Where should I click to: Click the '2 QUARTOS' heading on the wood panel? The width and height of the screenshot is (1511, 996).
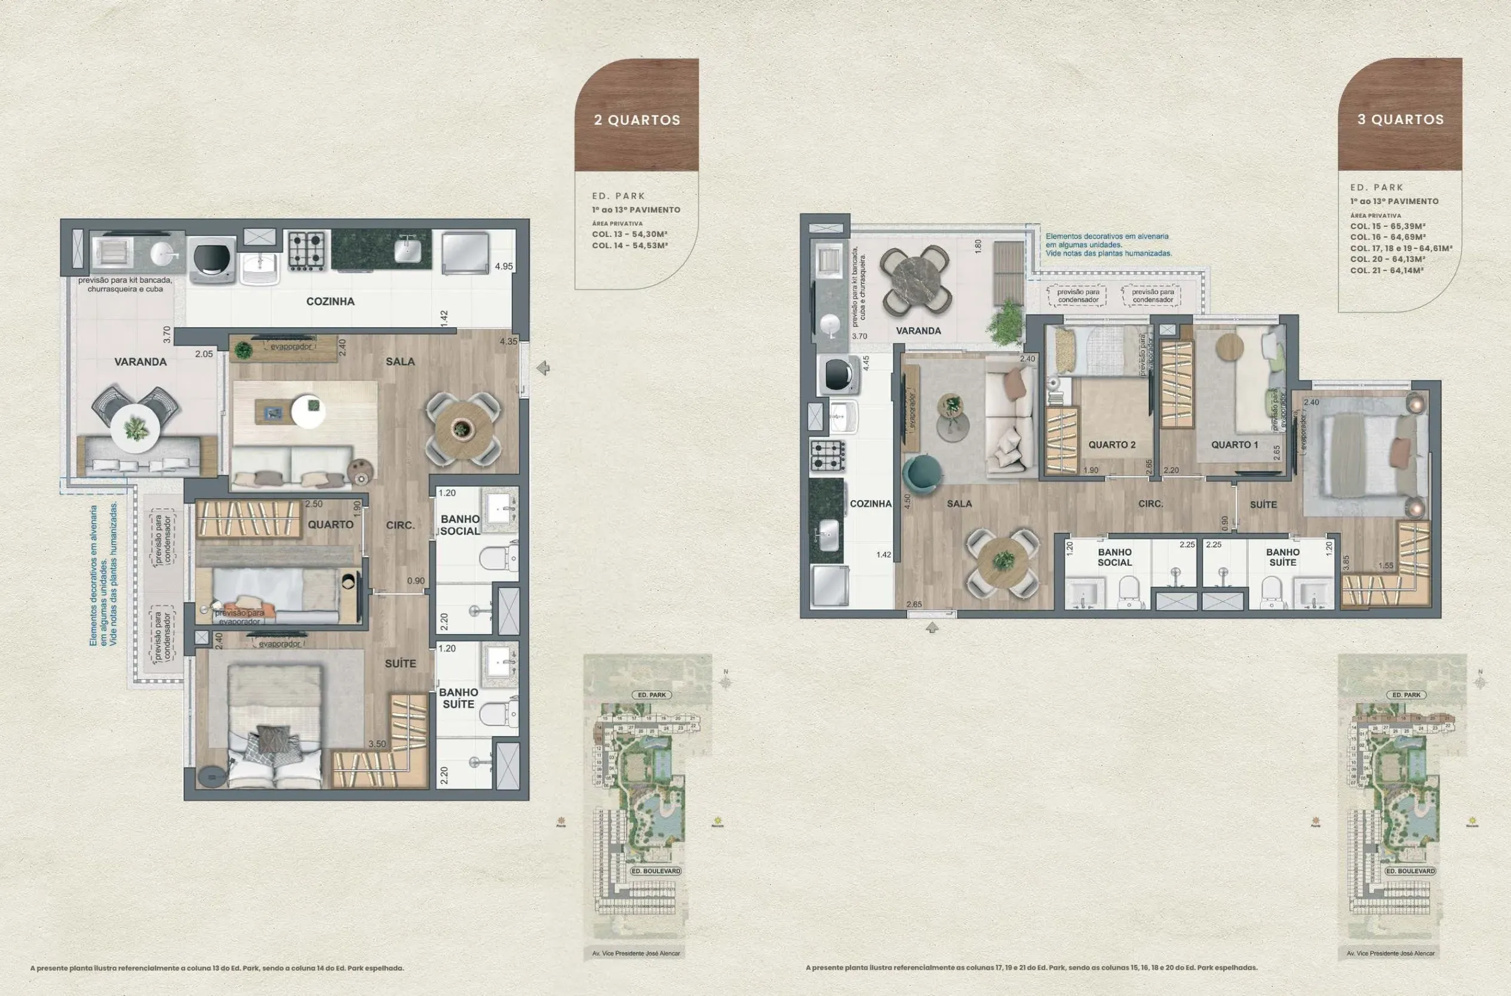pos(637,120)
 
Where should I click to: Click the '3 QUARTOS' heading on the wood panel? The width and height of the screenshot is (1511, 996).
pos(1401,119)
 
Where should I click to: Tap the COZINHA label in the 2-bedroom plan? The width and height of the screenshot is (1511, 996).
pos(330,301)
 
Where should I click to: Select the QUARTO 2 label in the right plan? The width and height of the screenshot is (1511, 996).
pos(1111,445)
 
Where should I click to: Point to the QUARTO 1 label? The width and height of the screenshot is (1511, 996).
pos(1234,445)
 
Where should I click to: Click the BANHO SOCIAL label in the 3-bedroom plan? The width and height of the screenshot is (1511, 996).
pos(1114,557)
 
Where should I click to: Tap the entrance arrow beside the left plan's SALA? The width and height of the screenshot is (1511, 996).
pos(542,368)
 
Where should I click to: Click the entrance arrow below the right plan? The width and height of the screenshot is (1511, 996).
pos(932,628)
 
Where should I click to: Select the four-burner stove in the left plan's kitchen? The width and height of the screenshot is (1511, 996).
pos(307,249)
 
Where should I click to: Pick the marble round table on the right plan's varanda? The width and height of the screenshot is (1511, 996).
pos(916,279)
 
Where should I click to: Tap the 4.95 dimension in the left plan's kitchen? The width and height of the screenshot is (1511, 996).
pos(503,266)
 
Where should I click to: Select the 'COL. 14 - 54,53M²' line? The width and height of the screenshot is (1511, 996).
pos(629,245)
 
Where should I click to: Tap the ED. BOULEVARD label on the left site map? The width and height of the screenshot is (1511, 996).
pos(655,871)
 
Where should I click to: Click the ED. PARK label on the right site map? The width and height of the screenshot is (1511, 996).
pos(1406,695)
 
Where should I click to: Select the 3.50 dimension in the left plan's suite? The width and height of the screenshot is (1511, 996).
pos(376,744)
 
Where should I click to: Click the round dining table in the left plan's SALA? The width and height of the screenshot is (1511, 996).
pos(462,427)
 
